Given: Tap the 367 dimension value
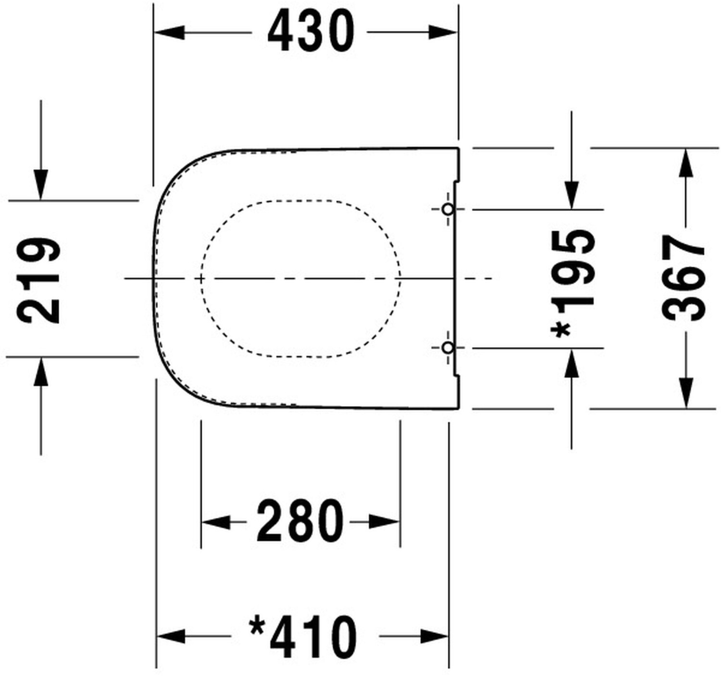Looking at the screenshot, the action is (683, 278).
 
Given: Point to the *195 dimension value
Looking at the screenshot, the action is (573, 284).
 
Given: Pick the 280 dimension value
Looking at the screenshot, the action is (300, 522).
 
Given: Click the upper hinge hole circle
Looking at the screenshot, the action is (448, 210).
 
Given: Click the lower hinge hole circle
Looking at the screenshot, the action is (448, 348).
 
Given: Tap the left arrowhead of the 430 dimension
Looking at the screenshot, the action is (170, 33).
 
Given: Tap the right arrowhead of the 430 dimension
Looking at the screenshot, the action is (442, 33).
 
